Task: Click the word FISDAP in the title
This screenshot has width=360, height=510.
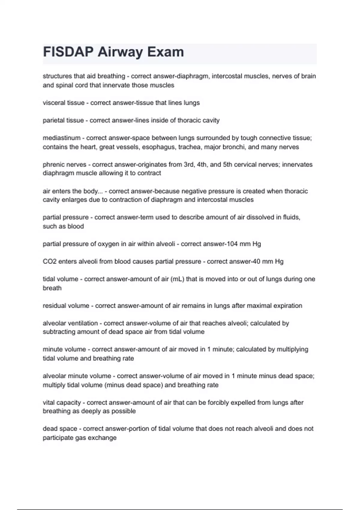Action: (68, 52)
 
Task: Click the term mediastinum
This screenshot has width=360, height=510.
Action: (61, 138)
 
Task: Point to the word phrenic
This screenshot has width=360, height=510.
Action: (53, 165)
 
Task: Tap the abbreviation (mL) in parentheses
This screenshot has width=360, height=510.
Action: (177, 279)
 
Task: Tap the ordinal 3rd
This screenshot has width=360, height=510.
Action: (189, 165)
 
